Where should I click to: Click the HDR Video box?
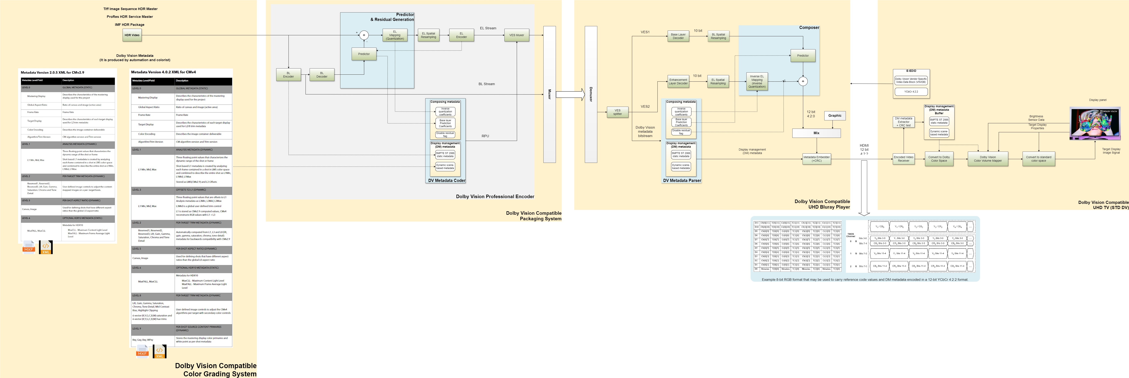(x=132, y=35)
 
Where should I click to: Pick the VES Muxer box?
(x=517, y=35)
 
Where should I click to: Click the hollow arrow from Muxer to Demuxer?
(x=570, y=94)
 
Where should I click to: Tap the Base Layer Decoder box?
(x=678, y=36)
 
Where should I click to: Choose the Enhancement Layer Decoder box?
(x=678, y=82)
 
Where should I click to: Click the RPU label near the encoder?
(x=485, y=136)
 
